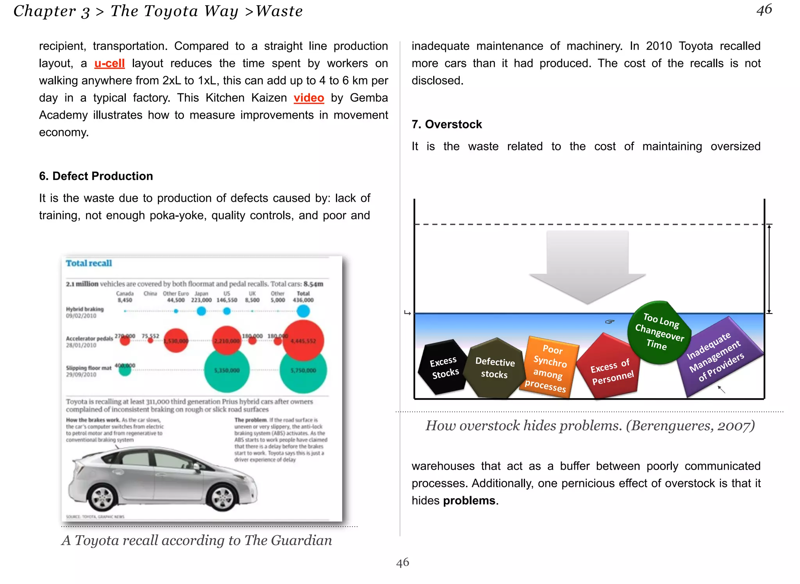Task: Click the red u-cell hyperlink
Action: [109, 63]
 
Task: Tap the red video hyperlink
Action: [309, 98]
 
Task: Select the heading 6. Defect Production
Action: [96, 176]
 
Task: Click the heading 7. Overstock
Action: [446, 124]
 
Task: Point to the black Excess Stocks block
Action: [444, 367]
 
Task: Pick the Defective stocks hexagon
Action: [495, 368]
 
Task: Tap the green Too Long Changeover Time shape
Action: [659, 332]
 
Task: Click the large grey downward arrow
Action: [587, 265]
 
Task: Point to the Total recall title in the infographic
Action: [89, 263]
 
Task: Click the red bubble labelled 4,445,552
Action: [303, 340]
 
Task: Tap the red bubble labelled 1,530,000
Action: [176, 340]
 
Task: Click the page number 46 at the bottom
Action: [402, 562]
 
